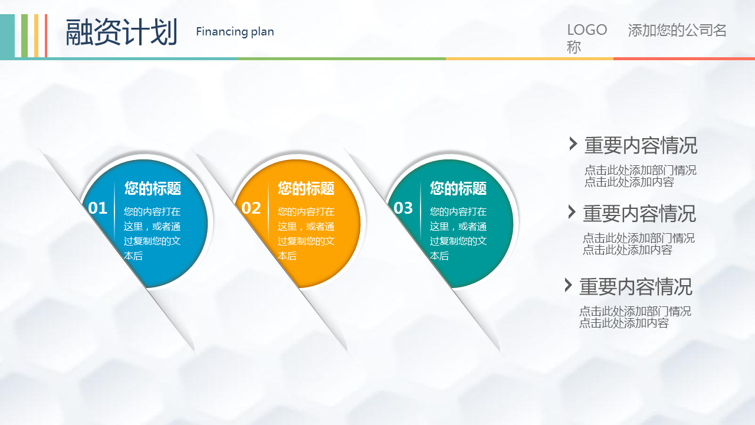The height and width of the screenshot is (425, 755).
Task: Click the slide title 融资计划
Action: pyautogui.click(x=122, y=32)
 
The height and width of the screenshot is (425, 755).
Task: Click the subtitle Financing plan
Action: pyautogui.click(x=235, y=32)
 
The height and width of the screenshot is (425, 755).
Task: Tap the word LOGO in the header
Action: pyautogui.click(x=587, y=30)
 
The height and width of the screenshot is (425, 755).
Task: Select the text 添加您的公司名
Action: pyautogui.click(x=677, y=30)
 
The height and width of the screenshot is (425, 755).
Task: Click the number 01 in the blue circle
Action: pyautogui.click(x=98, y=208)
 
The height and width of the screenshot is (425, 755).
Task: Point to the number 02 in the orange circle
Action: pyautogui.click(x=251, y=208)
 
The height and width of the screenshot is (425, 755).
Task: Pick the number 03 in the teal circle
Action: pyautogui.click(x=403, y=208)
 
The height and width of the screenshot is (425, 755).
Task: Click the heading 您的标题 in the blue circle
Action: pyautogui.click(x=153, y=188)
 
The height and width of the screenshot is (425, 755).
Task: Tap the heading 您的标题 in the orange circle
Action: pyautogui.click(x=306, y=188)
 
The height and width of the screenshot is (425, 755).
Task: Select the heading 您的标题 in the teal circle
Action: pyautogui.click(x=458, y=188)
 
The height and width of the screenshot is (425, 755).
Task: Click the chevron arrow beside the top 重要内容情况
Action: pyautogui.click(x=573, y=143)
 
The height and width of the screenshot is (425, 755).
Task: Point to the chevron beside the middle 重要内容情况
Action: pyautogui.click(x=572, y=212)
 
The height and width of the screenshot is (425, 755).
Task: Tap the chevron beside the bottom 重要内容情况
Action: pyautogui.click(x=568, y=285)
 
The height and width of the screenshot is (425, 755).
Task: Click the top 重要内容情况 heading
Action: pyautogui.click(x=641, y=145)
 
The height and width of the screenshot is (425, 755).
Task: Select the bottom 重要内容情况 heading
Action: pyautogui.click(x=636, y=287)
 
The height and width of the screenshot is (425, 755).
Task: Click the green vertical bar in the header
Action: pyautogui.click(x=24, y=36)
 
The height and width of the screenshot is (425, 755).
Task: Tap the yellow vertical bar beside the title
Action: pyautogui.click(x=36, y=36)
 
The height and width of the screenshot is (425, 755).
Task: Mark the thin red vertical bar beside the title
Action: pyautogui.click(x=46, y=36)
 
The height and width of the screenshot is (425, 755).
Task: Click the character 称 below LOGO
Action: pyautogui.click(x=574, y=47)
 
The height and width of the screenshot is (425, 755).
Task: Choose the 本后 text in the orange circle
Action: pyautogui.click(x=287, y=256)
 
